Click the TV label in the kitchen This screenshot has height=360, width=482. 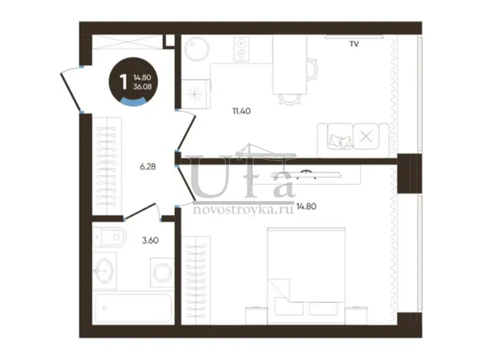[354, 44]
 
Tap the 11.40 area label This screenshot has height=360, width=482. [242, 111]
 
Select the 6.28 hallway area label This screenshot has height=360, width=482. [148, 166]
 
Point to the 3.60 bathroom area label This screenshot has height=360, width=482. [150, 240]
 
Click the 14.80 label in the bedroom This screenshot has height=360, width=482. [307, 207]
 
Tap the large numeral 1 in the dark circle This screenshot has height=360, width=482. [123, 82]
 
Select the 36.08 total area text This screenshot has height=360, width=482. [143, 87]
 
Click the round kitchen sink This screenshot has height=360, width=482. [197, 48]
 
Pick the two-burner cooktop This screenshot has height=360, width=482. [242, 49]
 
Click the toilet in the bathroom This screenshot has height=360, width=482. [109, 237]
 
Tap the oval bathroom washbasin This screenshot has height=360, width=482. [104, 271]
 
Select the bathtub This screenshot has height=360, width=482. [133, 308]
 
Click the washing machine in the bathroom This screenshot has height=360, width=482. [162, 272]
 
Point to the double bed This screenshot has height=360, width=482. [306, 276]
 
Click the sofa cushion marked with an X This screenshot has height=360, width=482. [366, 136]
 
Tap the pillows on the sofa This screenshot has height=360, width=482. [341, 141]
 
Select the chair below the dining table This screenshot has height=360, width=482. [289, 99]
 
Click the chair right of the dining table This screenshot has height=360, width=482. [312, 69]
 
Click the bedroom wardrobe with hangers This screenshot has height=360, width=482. [196, 280]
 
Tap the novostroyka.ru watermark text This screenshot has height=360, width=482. [243, 210]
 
